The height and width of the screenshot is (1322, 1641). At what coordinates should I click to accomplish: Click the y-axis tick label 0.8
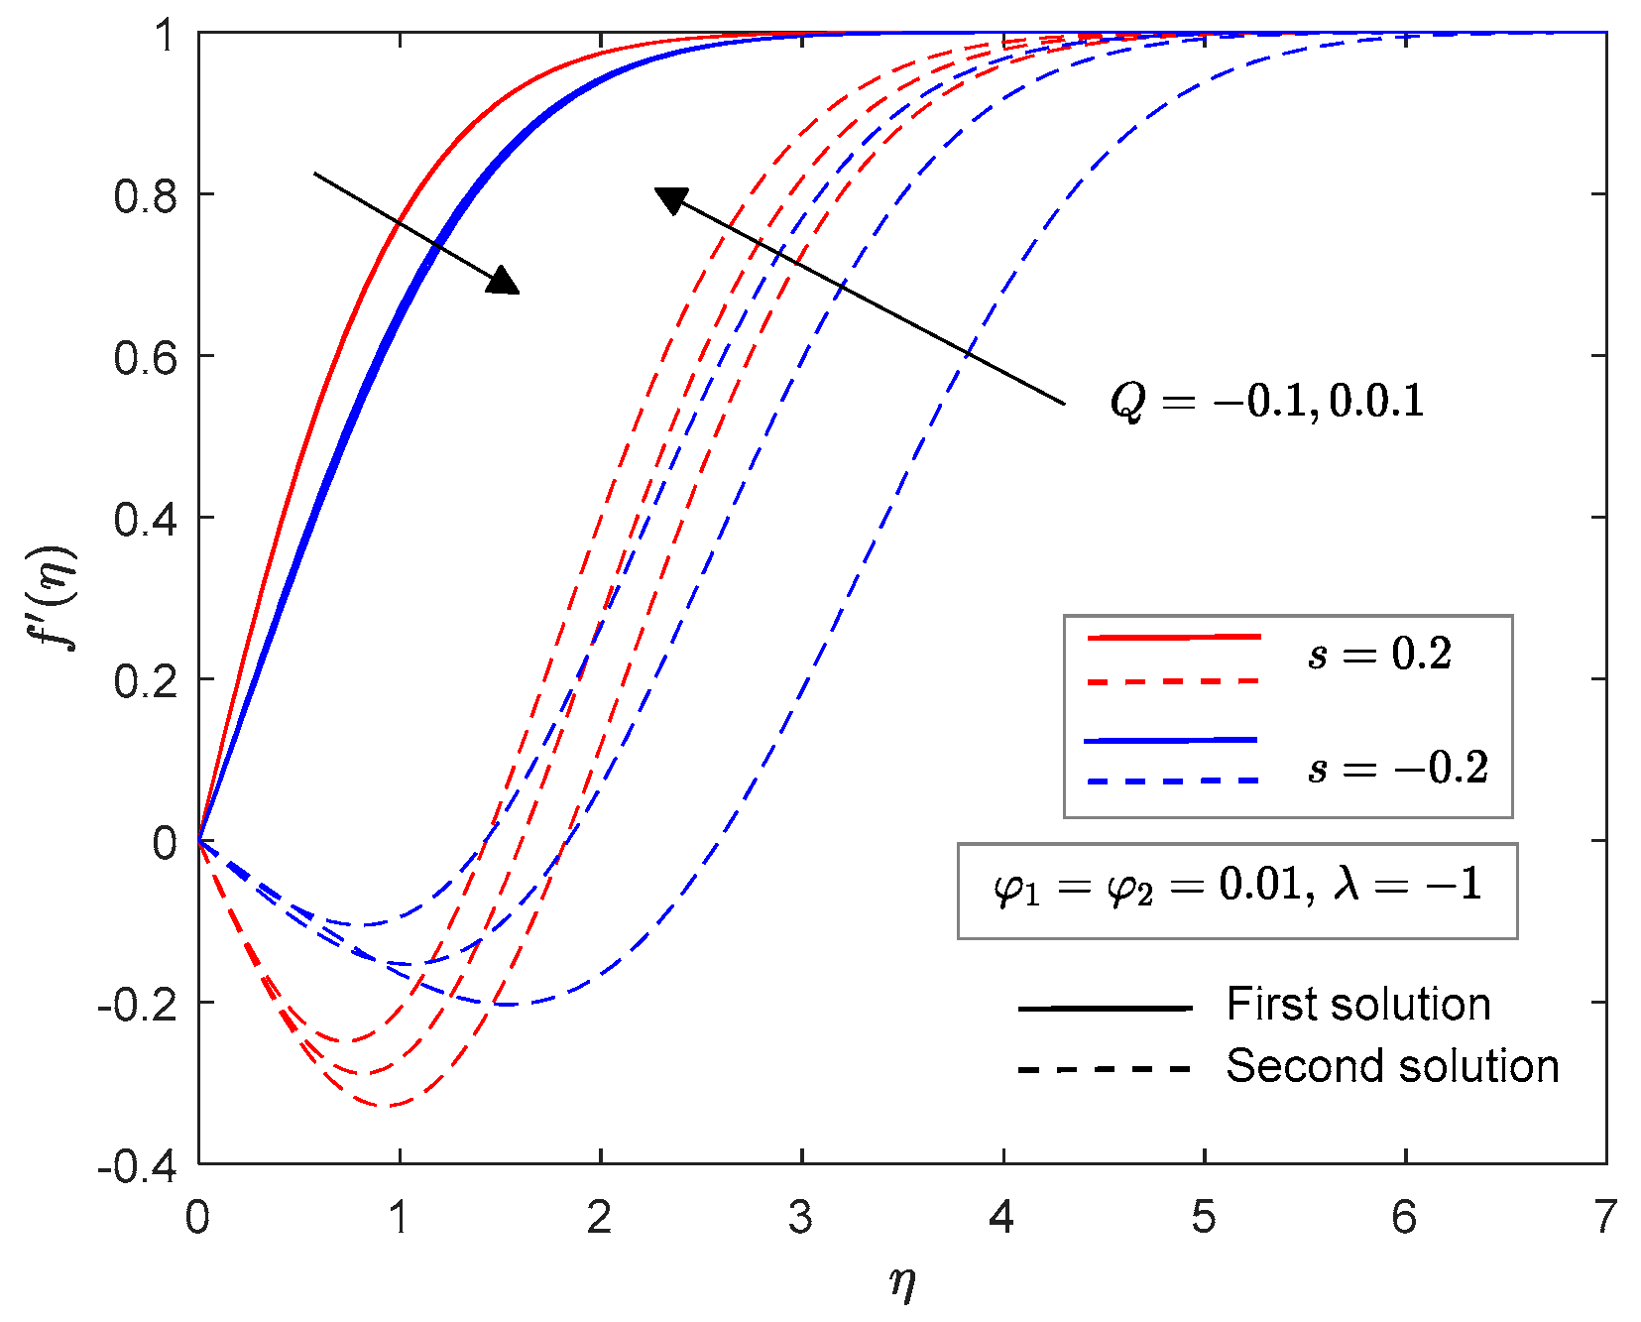(145, 195)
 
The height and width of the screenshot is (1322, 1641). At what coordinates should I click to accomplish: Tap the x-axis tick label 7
(1605, 1217)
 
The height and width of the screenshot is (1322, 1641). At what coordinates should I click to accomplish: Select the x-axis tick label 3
(800, 1217)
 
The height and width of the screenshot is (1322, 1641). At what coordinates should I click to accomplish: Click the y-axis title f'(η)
(55, 597)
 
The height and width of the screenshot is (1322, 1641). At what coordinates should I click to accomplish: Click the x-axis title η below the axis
(901, 1282)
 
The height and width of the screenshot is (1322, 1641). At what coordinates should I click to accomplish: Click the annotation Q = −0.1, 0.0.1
(1266, 401)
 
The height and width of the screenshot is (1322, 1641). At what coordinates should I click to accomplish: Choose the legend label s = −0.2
(1398, 768)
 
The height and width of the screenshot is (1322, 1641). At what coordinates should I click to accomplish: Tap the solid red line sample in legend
(1173, 637)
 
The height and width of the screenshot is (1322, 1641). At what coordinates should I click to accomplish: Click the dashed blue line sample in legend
(1173, 781)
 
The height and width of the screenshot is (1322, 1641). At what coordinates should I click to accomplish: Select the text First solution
(1358, 1005)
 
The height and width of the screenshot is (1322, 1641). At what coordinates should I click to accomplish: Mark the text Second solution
(1392, 1066)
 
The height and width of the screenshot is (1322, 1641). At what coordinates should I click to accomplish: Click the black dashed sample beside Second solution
(1104, 1069)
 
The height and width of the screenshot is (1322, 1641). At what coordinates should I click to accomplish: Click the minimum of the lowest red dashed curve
(390, 1105)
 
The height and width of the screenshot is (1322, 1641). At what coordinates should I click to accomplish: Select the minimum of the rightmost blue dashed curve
(508, 1004)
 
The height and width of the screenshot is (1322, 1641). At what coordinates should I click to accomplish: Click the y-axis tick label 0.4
(145, 519)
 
